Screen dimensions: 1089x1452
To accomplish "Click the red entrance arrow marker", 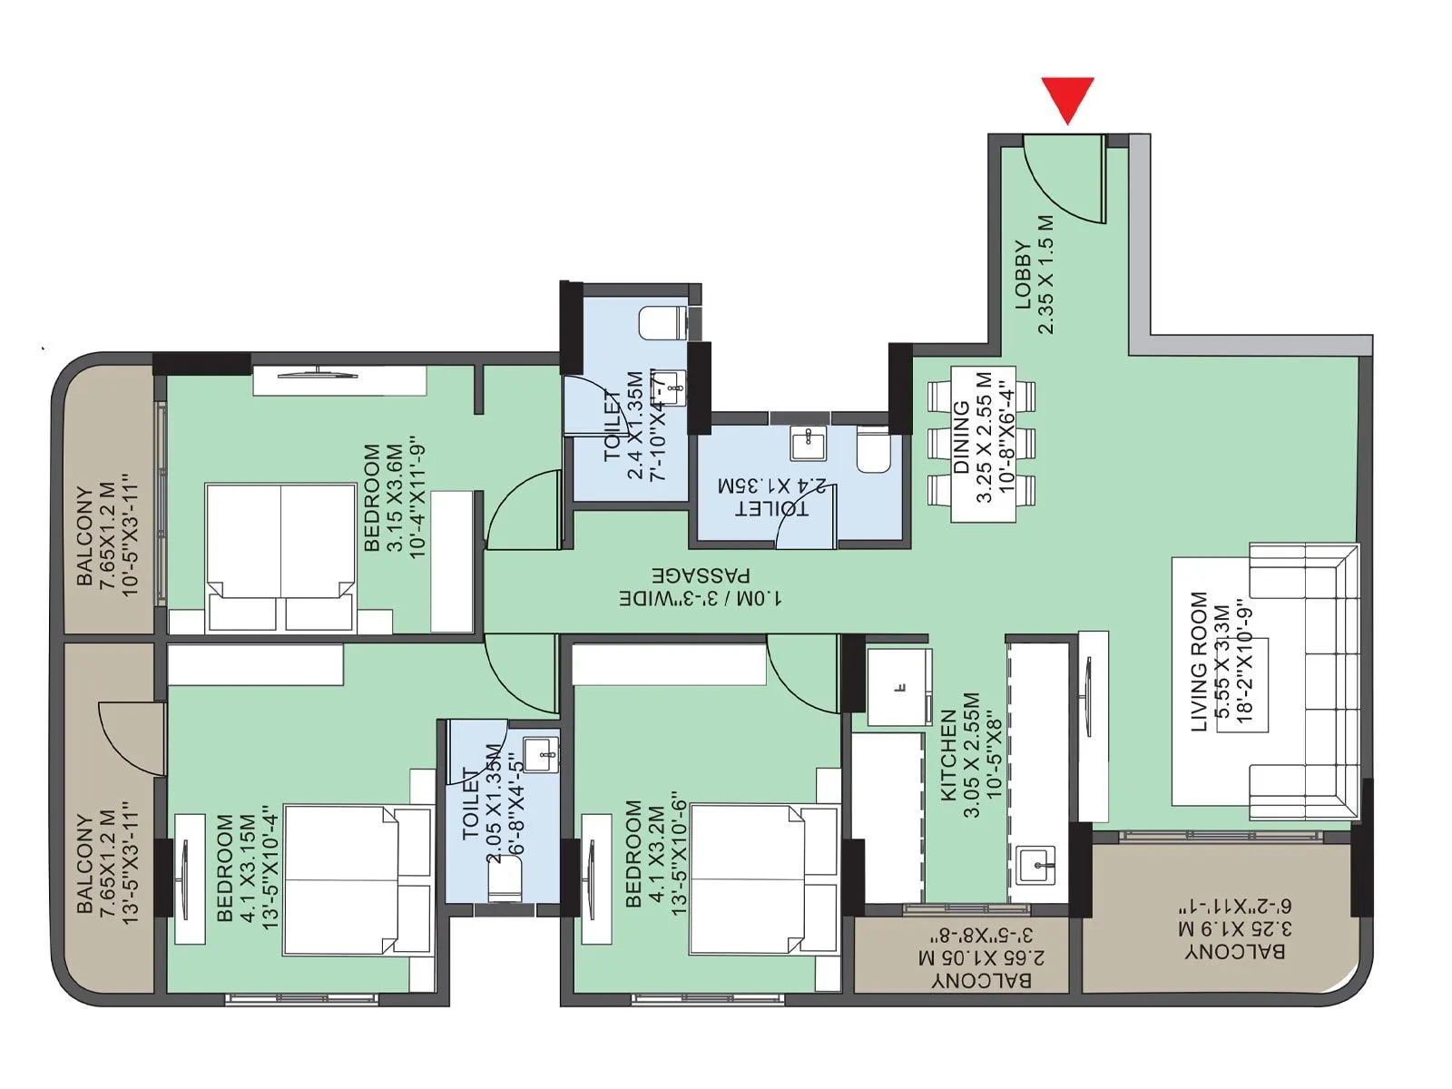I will tap(1067, 99).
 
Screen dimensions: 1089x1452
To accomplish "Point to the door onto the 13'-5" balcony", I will tap(132, 737).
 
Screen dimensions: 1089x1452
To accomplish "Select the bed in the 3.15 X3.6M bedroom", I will tap(280, 557).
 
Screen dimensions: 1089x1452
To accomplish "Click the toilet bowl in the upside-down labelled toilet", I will tap(874, 451).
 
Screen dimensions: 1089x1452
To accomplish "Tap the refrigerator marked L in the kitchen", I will tap(898, 687).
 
